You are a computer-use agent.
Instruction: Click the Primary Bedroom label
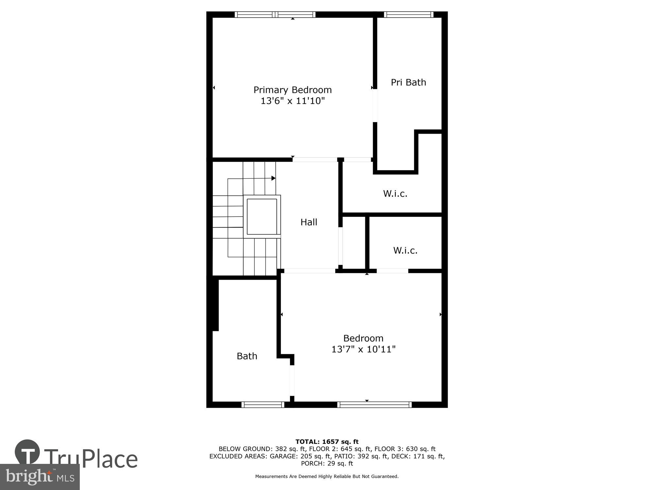coord(292,90)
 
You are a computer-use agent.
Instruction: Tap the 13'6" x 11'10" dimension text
coord(292,101)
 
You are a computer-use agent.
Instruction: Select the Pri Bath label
coord(408,82)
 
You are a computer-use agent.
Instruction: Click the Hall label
coord(309,222)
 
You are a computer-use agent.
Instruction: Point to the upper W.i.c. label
coord(395,194)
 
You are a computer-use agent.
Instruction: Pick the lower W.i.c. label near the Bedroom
coord(405,251)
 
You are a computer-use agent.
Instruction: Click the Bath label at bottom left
coord(247,356)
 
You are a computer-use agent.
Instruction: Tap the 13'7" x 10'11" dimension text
coord(363,350)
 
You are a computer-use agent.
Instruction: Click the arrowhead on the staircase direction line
coord(273,178)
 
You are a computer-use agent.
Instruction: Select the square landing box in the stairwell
coord(262,216)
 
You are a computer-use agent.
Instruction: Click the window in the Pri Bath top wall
coord(408,14)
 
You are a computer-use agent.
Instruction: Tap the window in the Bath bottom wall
coord(263,405)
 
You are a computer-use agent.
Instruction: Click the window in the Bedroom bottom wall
coord(374,405)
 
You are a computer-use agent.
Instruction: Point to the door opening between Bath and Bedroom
coord(292,381)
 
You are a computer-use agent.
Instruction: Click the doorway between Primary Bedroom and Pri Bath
coord(375,106)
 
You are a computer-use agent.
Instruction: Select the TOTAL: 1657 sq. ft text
coord(327,442)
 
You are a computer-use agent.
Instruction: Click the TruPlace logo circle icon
coord(27,452)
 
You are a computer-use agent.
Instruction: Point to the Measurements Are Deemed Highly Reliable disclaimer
coord(327,477)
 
